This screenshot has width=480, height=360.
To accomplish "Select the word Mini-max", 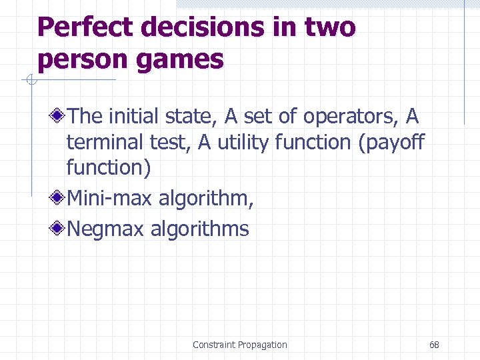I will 106,198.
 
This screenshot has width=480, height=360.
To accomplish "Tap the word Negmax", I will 105,229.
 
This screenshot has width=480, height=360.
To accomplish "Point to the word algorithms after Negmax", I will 199,229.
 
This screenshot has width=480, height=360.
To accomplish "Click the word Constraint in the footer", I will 213,345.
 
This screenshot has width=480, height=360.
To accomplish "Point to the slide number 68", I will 434,345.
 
